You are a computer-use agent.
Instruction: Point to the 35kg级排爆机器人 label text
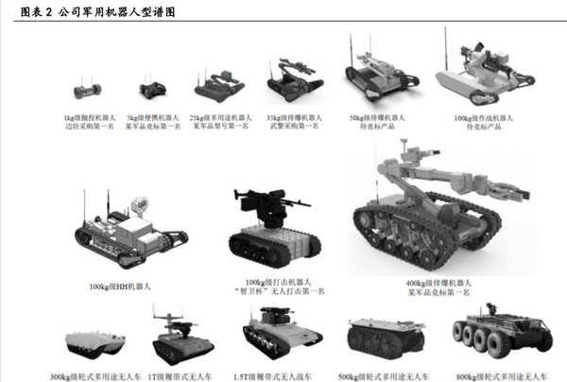(x=292, y=117)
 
